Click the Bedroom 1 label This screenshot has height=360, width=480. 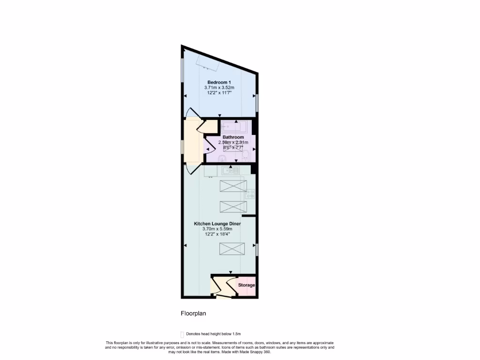coord(219,82)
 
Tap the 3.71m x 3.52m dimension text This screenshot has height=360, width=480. coord(219,88)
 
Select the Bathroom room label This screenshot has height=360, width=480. coord(233,137)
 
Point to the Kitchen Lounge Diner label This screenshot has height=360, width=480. coord(217,224)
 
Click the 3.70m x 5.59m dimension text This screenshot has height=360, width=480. coord(217,229)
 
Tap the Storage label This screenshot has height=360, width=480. coord(247,285)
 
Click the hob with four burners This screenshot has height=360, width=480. coord(249,193)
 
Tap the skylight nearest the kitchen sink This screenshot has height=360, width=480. coord(233,187)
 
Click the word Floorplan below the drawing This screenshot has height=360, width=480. coord(194,313)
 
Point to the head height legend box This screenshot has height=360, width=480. coord(182,334)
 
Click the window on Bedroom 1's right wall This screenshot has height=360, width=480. coord(257,103)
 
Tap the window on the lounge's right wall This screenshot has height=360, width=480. coord(257,249)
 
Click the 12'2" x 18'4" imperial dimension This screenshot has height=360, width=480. coord(217,234)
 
